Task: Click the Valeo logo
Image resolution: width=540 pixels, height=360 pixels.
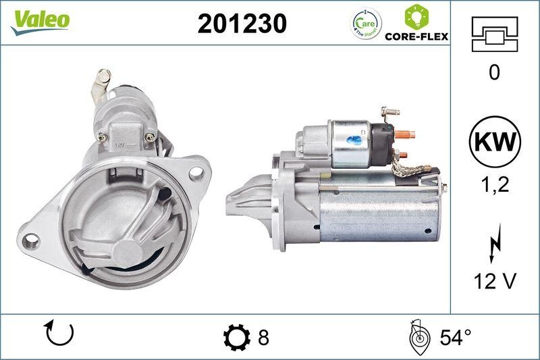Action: (x=38, y=20)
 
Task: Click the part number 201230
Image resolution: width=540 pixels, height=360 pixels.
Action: (x=242, y=24)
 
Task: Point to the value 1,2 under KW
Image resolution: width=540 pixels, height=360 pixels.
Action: (x=494, y=186)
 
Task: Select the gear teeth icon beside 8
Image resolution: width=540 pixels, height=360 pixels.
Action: (x=236, y=336)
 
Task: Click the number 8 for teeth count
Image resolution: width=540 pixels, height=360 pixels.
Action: (x=263, y=336)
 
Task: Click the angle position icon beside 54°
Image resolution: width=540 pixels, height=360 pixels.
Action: (x=419, y=336)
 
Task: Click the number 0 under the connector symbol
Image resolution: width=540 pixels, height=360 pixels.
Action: (x=494, y=73)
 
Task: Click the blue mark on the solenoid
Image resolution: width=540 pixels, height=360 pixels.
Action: (x=354, y=140)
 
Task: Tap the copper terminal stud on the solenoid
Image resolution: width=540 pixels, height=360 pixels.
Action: (x=404, y=134)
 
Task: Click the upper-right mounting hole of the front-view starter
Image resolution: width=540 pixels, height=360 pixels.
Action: (x=196, y=173)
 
